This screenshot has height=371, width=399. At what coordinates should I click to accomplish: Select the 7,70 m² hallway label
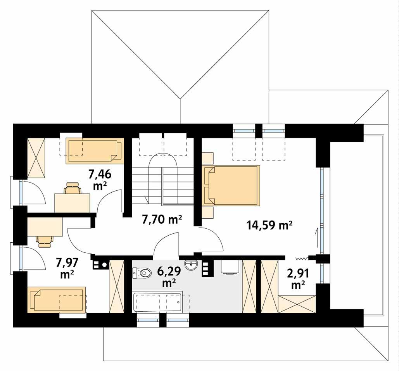162,220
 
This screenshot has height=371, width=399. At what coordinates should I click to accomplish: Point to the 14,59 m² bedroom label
269,225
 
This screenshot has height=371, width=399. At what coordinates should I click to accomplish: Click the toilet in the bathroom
142,273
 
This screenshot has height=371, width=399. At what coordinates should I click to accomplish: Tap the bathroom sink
191,265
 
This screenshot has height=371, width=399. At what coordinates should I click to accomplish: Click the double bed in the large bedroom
231,185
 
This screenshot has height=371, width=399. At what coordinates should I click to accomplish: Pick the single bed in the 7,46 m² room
94,150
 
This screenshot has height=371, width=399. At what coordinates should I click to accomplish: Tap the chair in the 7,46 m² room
73,189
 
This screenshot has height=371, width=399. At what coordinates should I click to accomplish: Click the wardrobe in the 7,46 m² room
36,158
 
